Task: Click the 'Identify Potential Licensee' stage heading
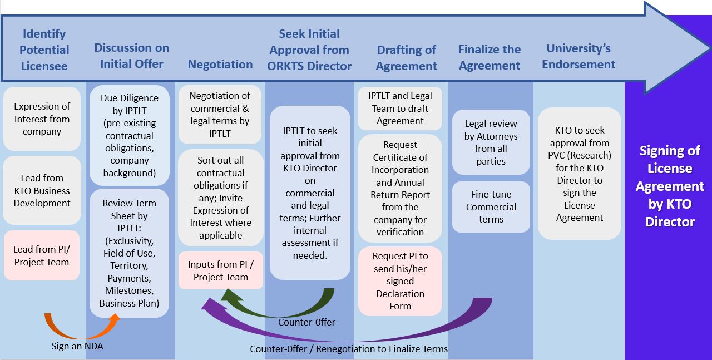44,50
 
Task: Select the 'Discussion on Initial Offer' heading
131,56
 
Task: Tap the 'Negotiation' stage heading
220,65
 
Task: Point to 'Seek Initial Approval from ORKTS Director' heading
309,50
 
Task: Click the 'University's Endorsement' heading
578,56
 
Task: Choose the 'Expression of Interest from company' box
42,119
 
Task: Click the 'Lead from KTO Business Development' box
42,191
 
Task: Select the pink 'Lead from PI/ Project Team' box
42,256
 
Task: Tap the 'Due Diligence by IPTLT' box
129,135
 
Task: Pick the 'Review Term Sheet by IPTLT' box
129,253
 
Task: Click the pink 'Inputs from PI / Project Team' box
220,270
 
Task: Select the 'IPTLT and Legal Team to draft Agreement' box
400,109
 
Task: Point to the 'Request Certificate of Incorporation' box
400,188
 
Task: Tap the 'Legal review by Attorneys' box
491,142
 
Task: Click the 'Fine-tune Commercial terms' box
491,207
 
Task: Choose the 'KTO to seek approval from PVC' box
579,174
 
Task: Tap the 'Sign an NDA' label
77,346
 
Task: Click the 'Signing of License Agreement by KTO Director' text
670,186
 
